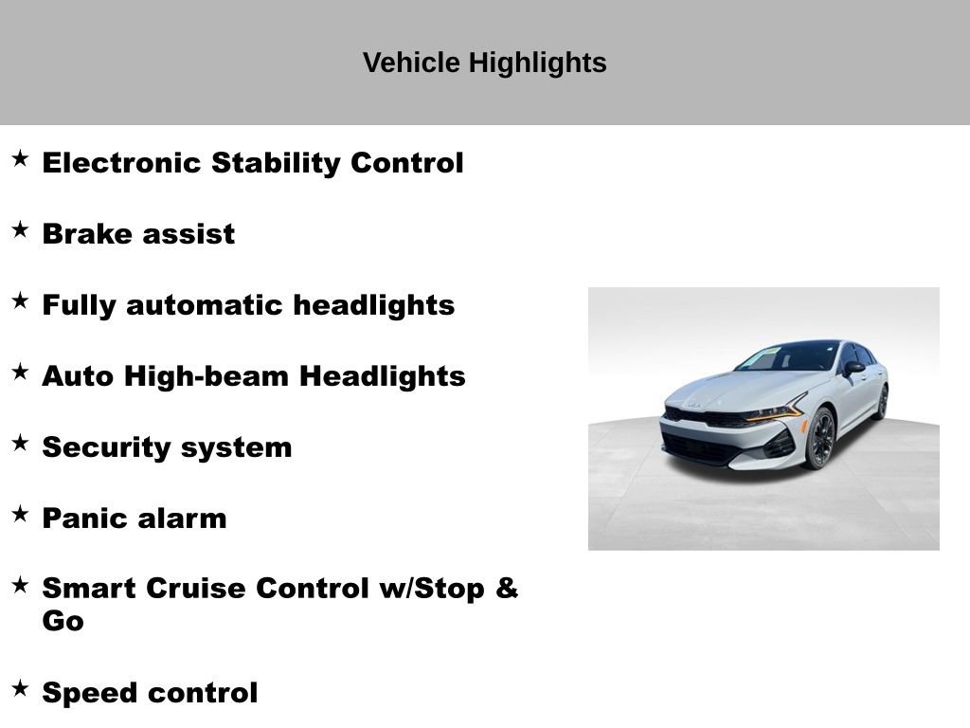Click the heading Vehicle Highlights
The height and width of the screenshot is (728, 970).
coord(484,64)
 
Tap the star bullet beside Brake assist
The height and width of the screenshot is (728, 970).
coord(20,230)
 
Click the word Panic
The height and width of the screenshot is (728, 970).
coord(82,519)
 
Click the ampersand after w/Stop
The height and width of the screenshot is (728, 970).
coord(507,589)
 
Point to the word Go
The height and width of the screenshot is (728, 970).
coord(63,622)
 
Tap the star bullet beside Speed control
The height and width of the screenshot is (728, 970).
coord(20,689)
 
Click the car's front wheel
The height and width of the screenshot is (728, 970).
coord(819,439)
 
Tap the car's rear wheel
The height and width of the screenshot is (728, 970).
coord(882,402)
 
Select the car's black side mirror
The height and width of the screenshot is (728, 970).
coord(853,368)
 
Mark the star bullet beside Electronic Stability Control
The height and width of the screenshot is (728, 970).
coord(20,159)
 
